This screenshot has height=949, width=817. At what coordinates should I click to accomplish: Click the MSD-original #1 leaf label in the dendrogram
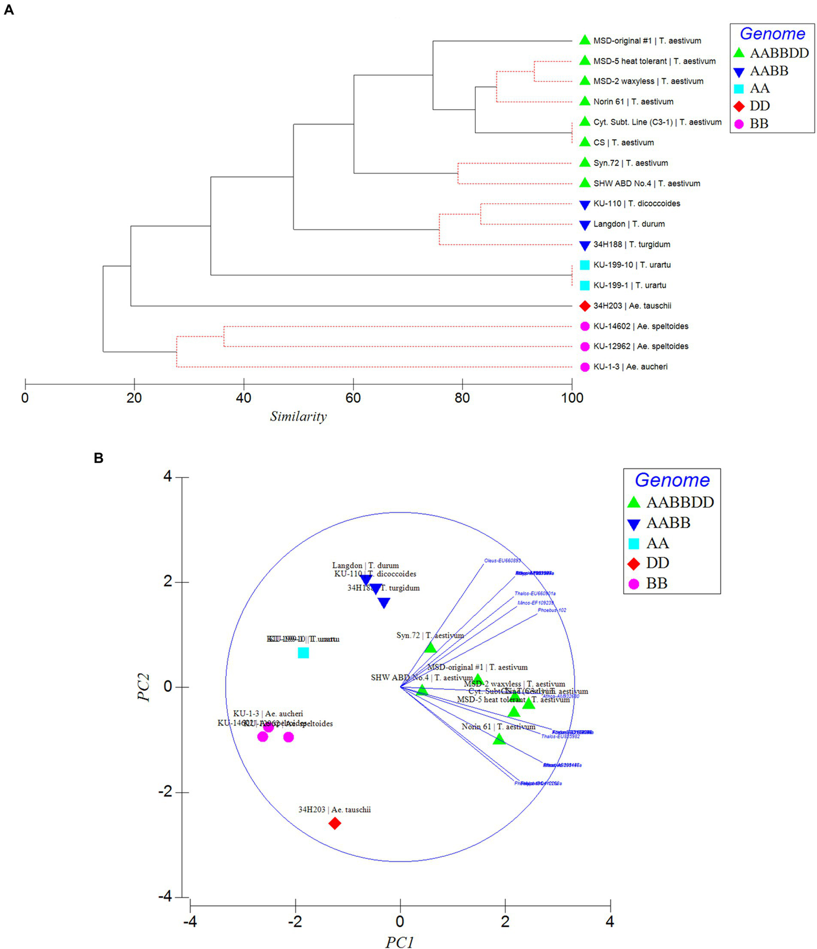pyautogui.click(x=647, y=40)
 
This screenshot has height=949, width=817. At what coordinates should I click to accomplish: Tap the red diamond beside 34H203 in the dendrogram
pyautogui.click(x=584, y=306)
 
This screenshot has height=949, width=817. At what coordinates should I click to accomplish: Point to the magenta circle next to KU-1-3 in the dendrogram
pyautogui.click(x=584, y=367)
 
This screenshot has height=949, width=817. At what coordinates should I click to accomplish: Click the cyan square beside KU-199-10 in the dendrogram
pyautogui.click(x=584, y=265)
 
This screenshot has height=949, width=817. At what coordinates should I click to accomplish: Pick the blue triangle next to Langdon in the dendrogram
pyautogui.click(x=584, y=225)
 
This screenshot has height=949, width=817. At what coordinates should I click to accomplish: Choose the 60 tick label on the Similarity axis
pyautogui.click(x=353, y=398)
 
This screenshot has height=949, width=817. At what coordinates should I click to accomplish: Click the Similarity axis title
pyautogui.click(x=298, y=417)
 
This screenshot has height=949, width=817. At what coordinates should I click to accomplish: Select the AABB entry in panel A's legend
pyautogui.click(x=769, y=71)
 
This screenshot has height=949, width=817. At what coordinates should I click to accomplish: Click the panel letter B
pyautogui.click(x=98, y=458)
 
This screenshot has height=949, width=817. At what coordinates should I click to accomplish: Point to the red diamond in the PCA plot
pyautogui.click(x=334, y=823)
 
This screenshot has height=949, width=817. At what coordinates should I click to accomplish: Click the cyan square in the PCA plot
pyautogui.click(x=303, y=653)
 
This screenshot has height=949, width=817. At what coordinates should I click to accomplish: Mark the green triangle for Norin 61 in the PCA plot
pyautogui.click(x=499, y=739)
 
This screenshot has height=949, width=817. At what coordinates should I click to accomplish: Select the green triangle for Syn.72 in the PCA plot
pyautogui.click(x=430, y=648)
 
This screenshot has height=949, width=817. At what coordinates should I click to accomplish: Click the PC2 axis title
pyautogui.click(x=144, y=687)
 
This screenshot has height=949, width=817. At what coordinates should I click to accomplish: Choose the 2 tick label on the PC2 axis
pyautogui.click(x=168, y=581)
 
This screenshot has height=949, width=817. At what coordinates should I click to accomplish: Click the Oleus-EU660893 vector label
pyautogui.click(x=502, y=560)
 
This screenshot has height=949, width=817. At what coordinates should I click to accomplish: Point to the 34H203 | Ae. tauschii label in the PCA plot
pyautogui.click(x=334, y=810)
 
